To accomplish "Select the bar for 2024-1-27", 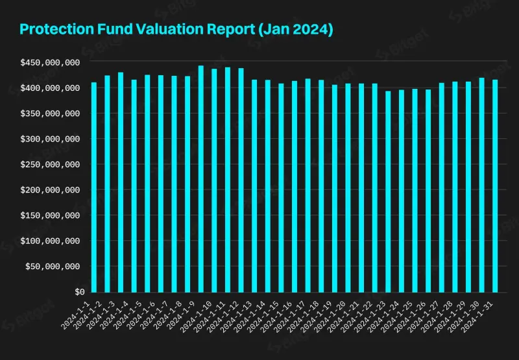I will [x=442, y=187].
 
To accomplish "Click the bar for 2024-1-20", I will [x=348, y=187].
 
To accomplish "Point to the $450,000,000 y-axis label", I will [x=50, y=62].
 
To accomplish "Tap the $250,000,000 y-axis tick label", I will [x=50, y=164].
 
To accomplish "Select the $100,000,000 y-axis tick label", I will [x=50, y=241].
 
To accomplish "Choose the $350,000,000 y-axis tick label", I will [x=50, y=114].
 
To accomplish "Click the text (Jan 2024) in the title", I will [x=295, y=29].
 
